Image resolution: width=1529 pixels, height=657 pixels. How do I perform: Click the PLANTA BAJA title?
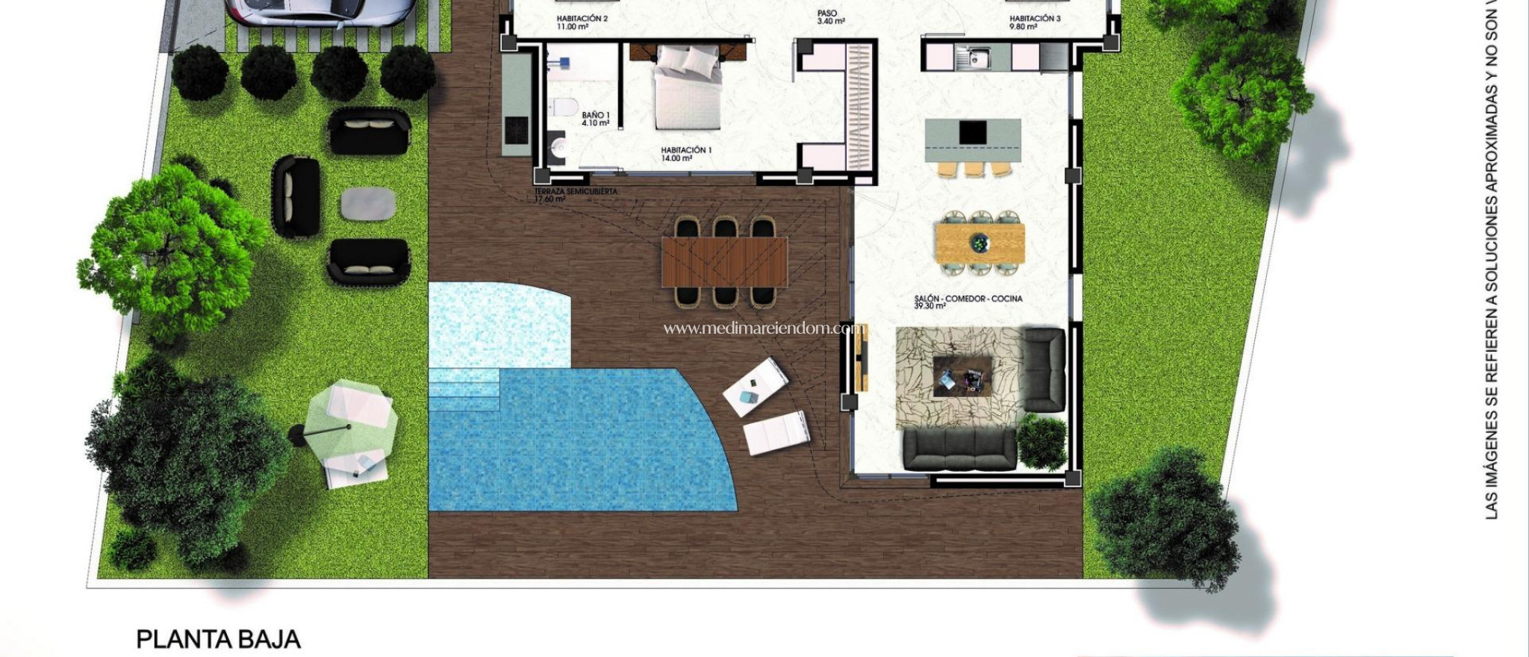point(218,640)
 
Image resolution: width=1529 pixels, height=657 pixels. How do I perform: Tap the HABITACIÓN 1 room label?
point(685,154)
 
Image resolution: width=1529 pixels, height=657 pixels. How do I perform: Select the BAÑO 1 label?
point(596,119)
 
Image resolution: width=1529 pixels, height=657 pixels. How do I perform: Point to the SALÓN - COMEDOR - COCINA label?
point(968,302)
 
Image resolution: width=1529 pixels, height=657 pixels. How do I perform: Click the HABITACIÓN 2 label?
point(582,22)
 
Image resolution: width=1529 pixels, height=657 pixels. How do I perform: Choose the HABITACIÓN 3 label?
point(1034,22)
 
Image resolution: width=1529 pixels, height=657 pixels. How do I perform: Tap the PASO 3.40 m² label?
point(829,17)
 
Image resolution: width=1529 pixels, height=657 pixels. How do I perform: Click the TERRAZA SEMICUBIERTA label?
point(575,195)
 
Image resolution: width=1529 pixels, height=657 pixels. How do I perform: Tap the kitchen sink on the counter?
point(975,55)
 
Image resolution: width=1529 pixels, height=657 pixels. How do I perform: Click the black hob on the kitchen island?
point(973,133)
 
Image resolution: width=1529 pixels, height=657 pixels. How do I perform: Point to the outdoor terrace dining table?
point(724,261)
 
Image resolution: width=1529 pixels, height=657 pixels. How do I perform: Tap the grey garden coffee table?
point(368,203)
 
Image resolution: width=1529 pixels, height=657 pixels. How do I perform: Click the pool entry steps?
point(464,388)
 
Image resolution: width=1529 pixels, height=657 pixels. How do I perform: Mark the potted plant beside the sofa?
point(1042,440)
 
